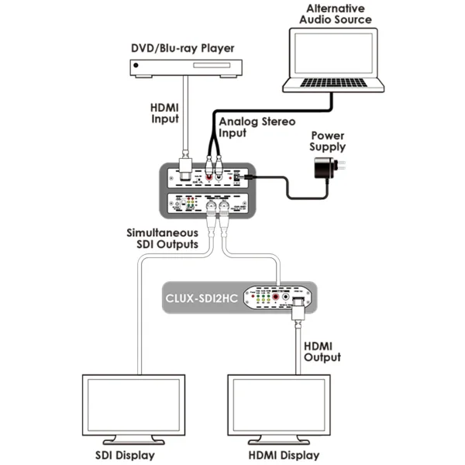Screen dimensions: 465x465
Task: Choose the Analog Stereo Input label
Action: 246,128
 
